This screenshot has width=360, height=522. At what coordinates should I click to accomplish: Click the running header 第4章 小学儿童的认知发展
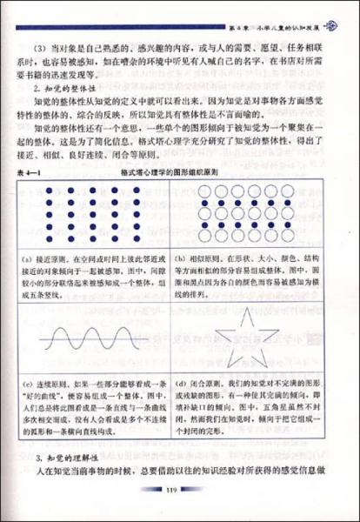[277, 12]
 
